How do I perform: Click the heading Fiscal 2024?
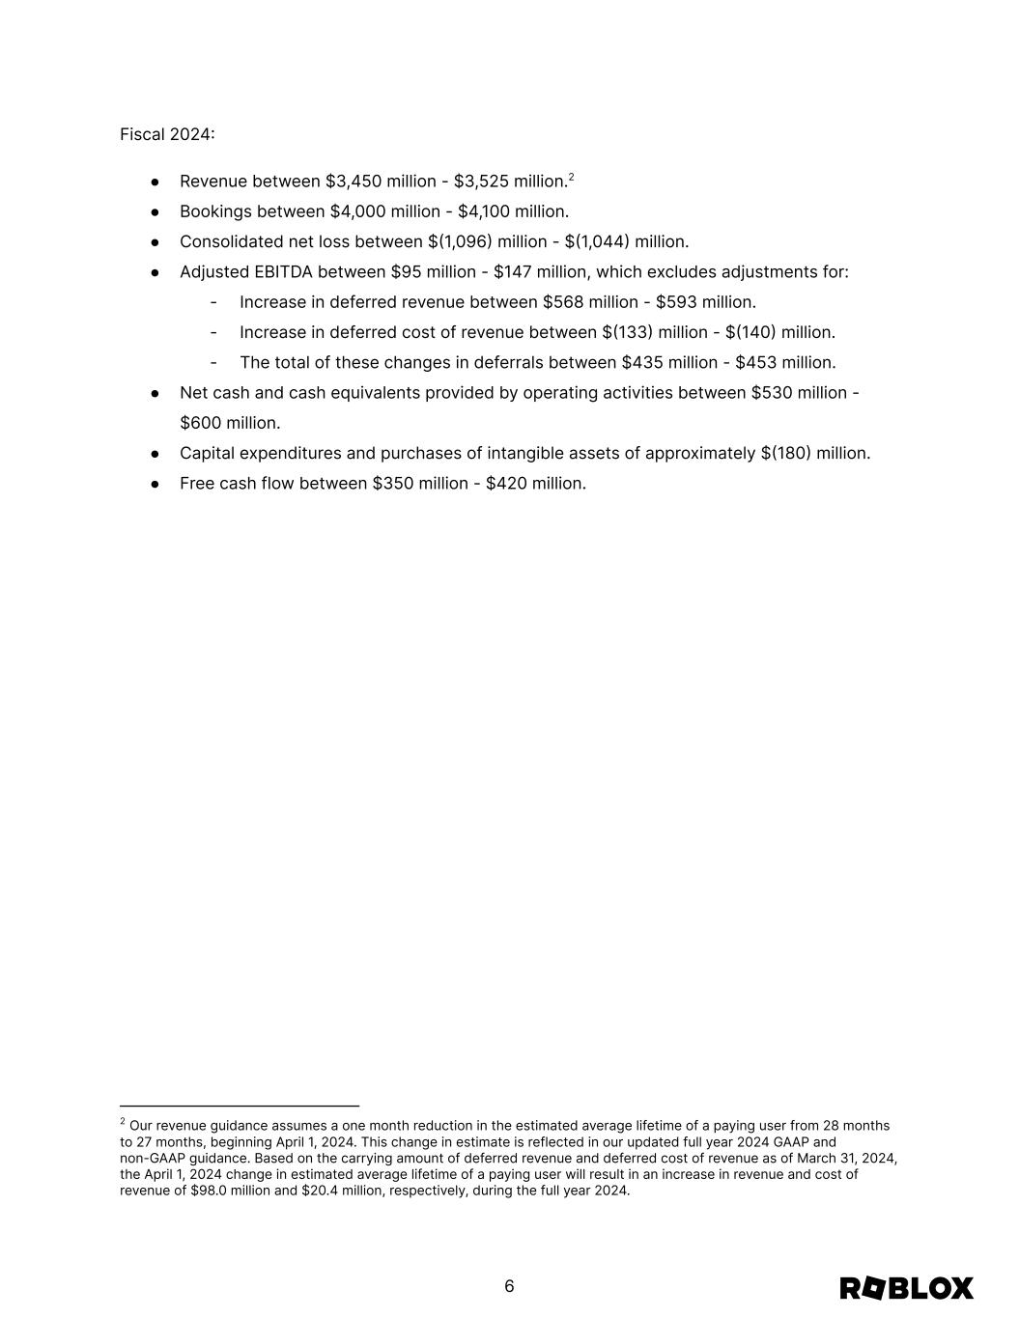167,134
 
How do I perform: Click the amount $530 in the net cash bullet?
771,393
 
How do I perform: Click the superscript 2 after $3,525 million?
572,177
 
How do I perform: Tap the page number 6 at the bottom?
509,1286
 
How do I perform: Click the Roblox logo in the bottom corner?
906,1288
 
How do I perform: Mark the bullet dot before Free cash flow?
155,483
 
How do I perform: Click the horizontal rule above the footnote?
240,1106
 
